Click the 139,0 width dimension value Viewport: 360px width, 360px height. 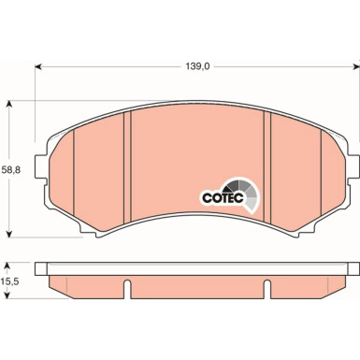(195, 66)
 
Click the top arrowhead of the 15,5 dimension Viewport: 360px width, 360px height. (10, 263)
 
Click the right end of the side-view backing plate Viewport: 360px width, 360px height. (354, 269)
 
